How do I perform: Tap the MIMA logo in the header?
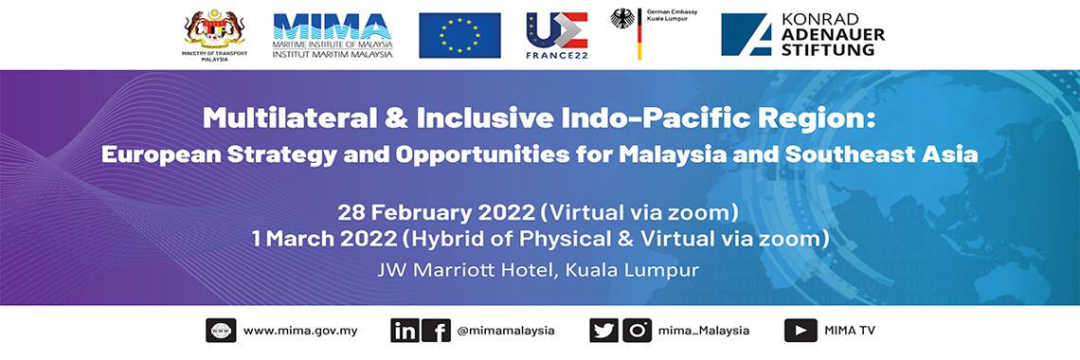pos(332,35)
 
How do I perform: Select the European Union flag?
pos(459,35)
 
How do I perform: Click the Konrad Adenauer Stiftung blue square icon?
pos(752,34)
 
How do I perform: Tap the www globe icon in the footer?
pos(221,331)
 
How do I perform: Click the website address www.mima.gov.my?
pos(300,331)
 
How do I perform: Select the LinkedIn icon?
pos(405,331)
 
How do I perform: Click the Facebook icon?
pos(436,331)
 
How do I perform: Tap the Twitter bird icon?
pos(603,331)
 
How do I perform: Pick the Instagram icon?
pos(637,331)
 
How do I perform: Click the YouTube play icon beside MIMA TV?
pos(801,331)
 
